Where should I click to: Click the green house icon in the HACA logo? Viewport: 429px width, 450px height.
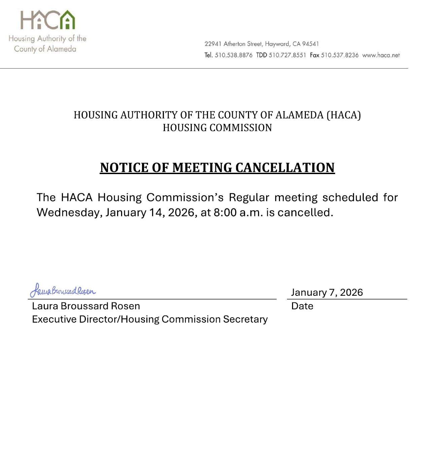click(68, 20)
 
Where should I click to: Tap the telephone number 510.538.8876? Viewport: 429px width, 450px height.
click(234, 55)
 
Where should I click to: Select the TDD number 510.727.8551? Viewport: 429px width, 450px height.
click(287, 55)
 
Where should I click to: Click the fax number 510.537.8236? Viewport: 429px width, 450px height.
click(339, 55)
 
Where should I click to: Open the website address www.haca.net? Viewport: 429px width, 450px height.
click(381, 55)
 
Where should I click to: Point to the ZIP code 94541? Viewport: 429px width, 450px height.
click(310, 44)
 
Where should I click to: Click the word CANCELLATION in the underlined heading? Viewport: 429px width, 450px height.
click(285, 168)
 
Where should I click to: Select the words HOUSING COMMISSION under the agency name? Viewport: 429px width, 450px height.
click(217, 128)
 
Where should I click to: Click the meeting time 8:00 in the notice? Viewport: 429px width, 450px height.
click(225, 212)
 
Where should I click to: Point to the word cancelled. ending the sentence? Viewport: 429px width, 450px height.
click(305, 212)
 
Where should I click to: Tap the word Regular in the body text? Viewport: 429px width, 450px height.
click(249, 197)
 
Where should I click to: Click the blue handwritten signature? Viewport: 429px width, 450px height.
click(63, 290)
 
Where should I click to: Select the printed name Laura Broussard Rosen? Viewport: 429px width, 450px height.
click(86, 306)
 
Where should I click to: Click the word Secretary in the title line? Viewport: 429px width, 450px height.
click(245, 319)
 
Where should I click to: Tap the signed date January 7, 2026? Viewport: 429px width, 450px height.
click(327, 292)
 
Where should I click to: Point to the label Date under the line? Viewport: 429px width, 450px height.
click(302, 306)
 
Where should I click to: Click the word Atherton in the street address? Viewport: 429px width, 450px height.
click(234, 44)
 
